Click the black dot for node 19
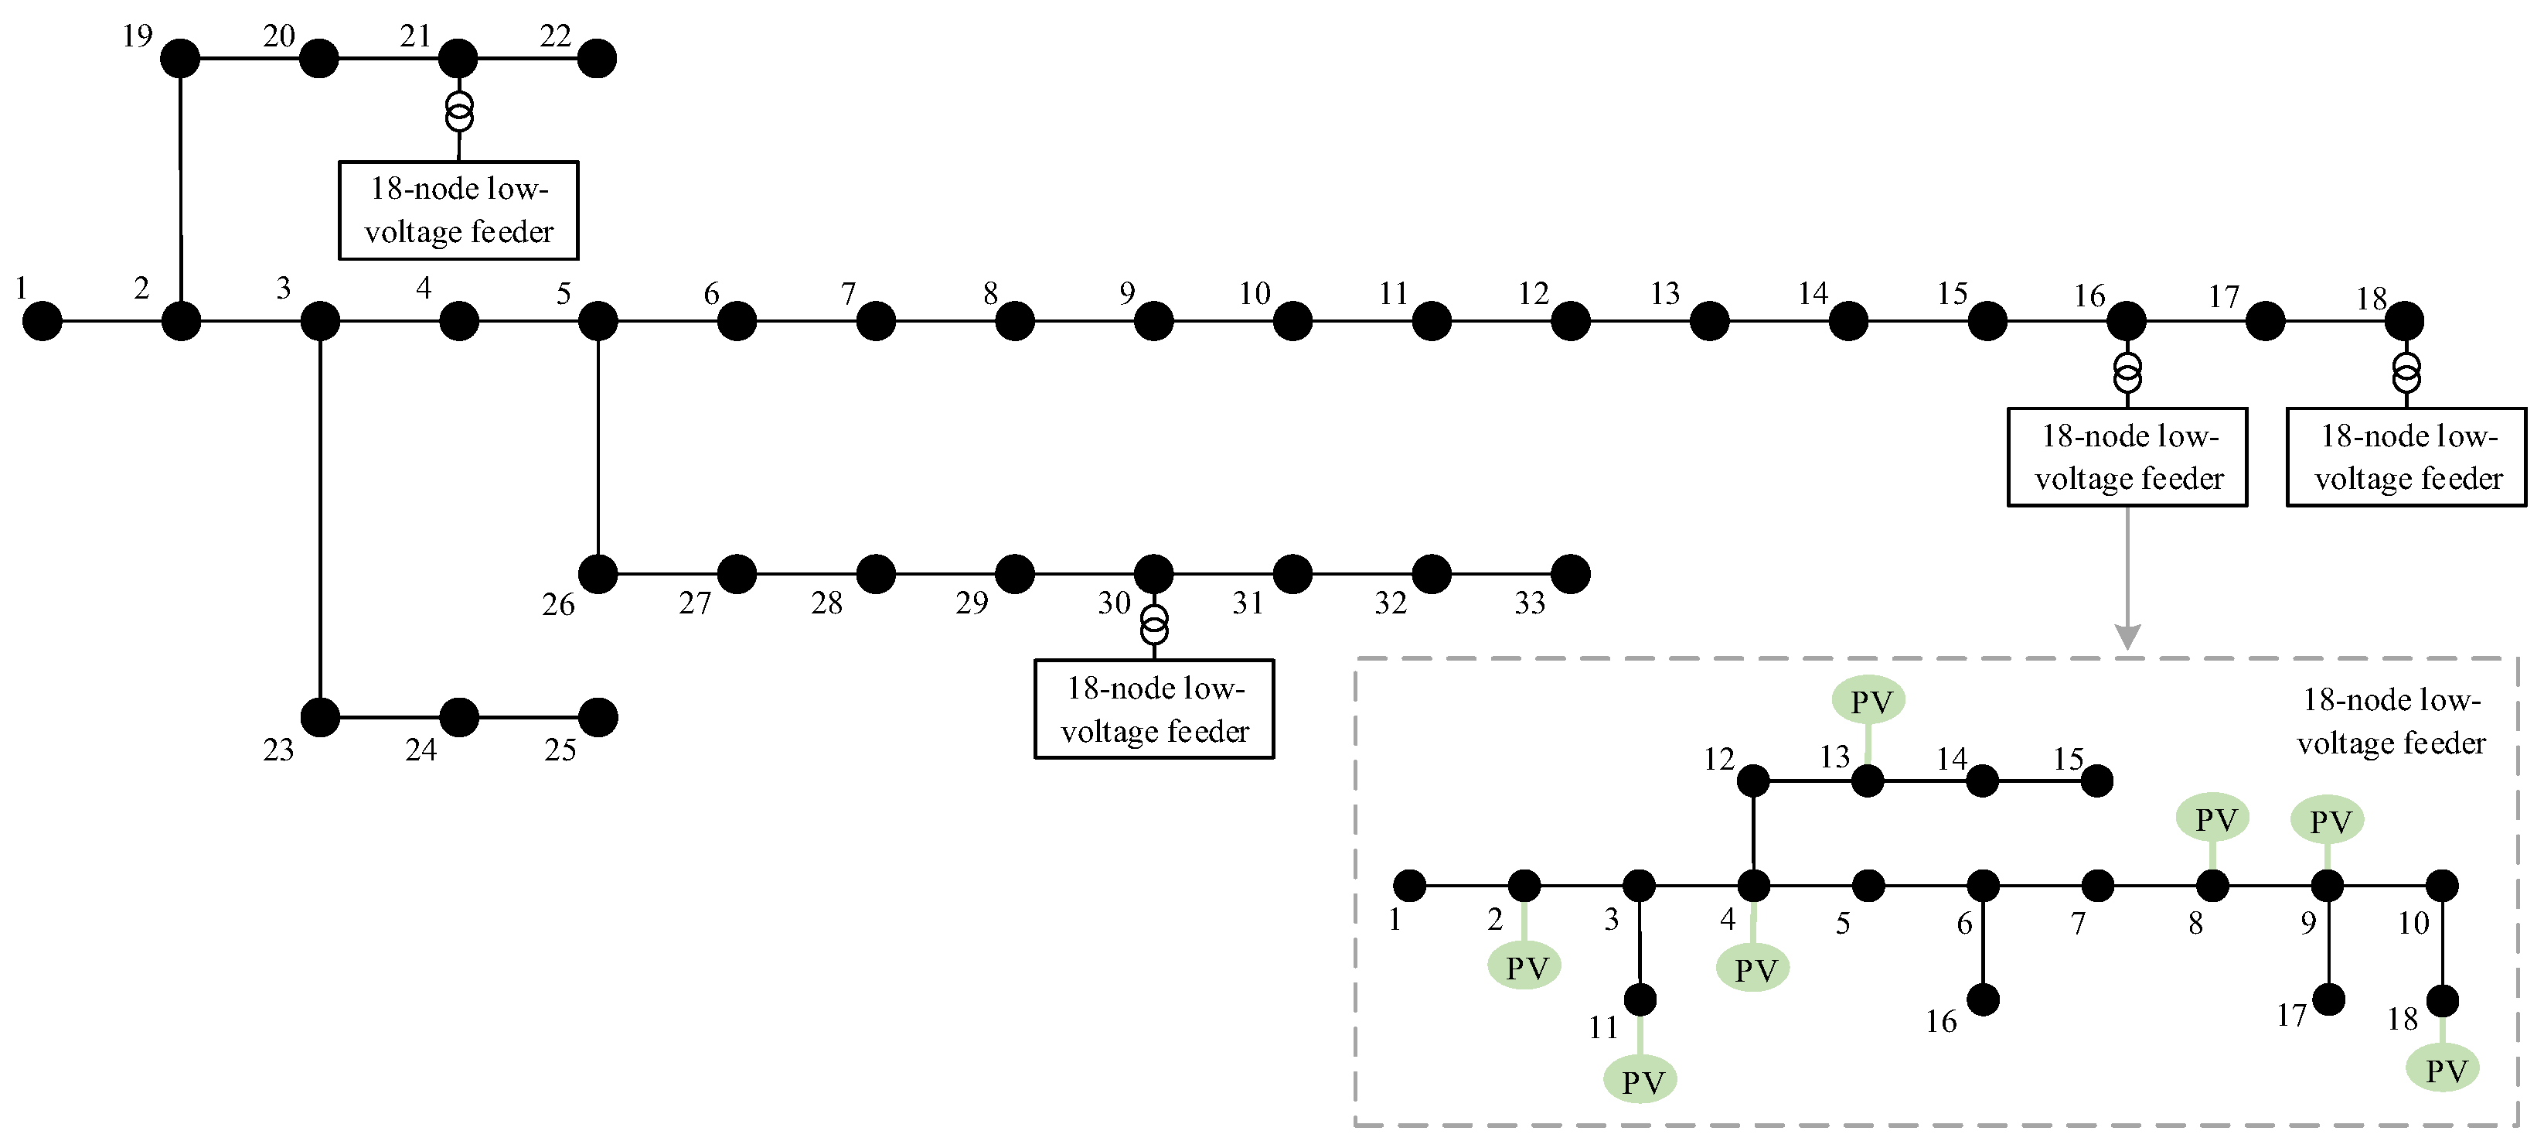180,58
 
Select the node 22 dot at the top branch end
597,58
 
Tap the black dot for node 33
1570,574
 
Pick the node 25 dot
598,717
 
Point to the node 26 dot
598,574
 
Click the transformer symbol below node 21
459,111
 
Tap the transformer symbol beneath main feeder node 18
2406,372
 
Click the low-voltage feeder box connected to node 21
459,210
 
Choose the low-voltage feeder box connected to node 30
1154,709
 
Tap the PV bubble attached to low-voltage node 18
2444,1068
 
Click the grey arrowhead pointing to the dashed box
2127,637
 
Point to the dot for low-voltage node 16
1983,999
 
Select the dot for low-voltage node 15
2096,781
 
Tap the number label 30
1114,603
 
